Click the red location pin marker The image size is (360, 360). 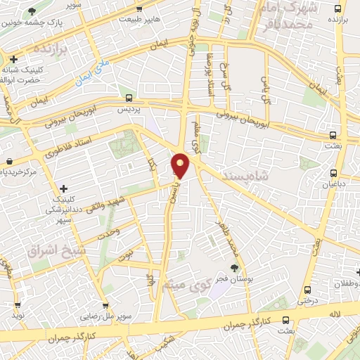pos(181,165)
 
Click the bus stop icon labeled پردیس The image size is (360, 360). pos(129,98)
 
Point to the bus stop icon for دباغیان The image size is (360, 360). pos(333,173)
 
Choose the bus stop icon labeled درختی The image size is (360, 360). pos(307,290)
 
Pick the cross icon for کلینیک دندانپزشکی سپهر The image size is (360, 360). pos(64,188)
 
